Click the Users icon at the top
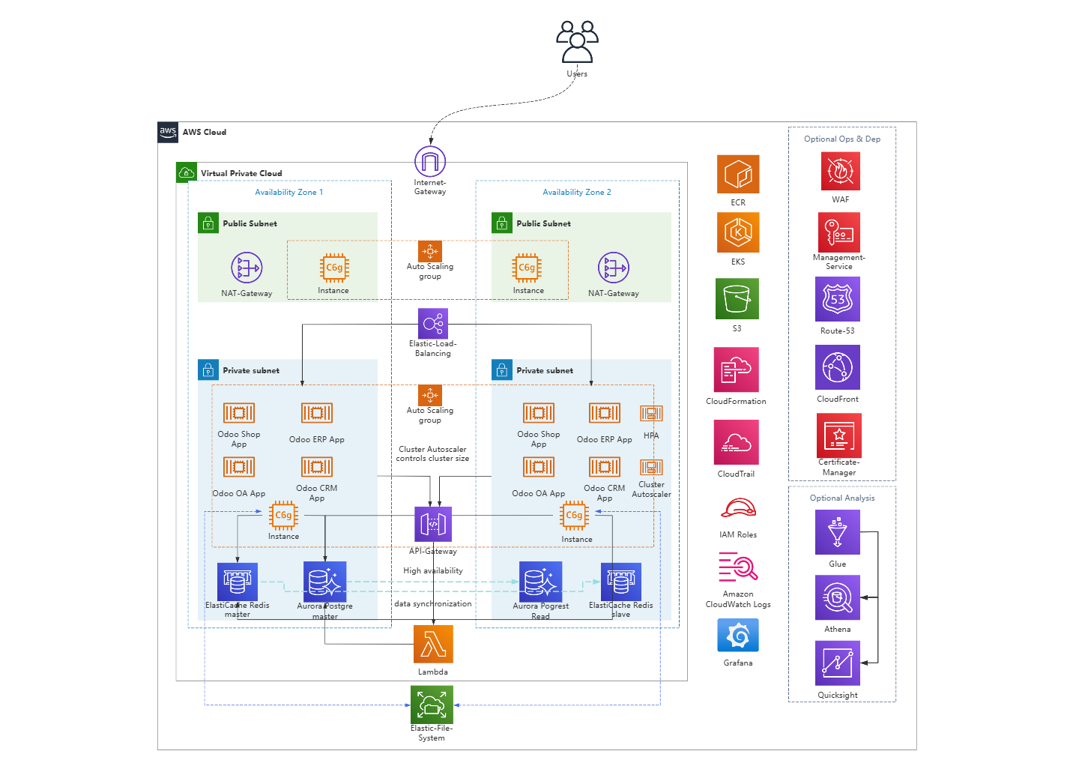[577, 42]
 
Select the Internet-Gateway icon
[430, 162]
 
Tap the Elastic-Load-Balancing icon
[433, 324]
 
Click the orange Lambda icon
[433, 645]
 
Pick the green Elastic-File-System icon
[432, 705]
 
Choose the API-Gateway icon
[433, 524]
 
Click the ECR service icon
[738, 175]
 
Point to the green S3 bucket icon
[737, 299]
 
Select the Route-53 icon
[838, 299]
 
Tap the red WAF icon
[840, 172]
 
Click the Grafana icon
[738, 636]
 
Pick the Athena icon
[838, 597]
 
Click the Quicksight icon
[838, 663]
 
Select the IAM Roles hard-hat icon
[738, 509]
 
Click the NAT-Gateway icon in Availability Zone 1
[247, 268]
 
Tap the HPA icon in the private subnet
[651, 414]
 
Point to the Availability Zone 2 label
[577, 193]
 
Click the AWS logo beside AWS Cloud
[168, 132]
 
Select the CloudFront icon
[838, 367]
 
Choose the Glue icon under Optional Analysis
[838, 532]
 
